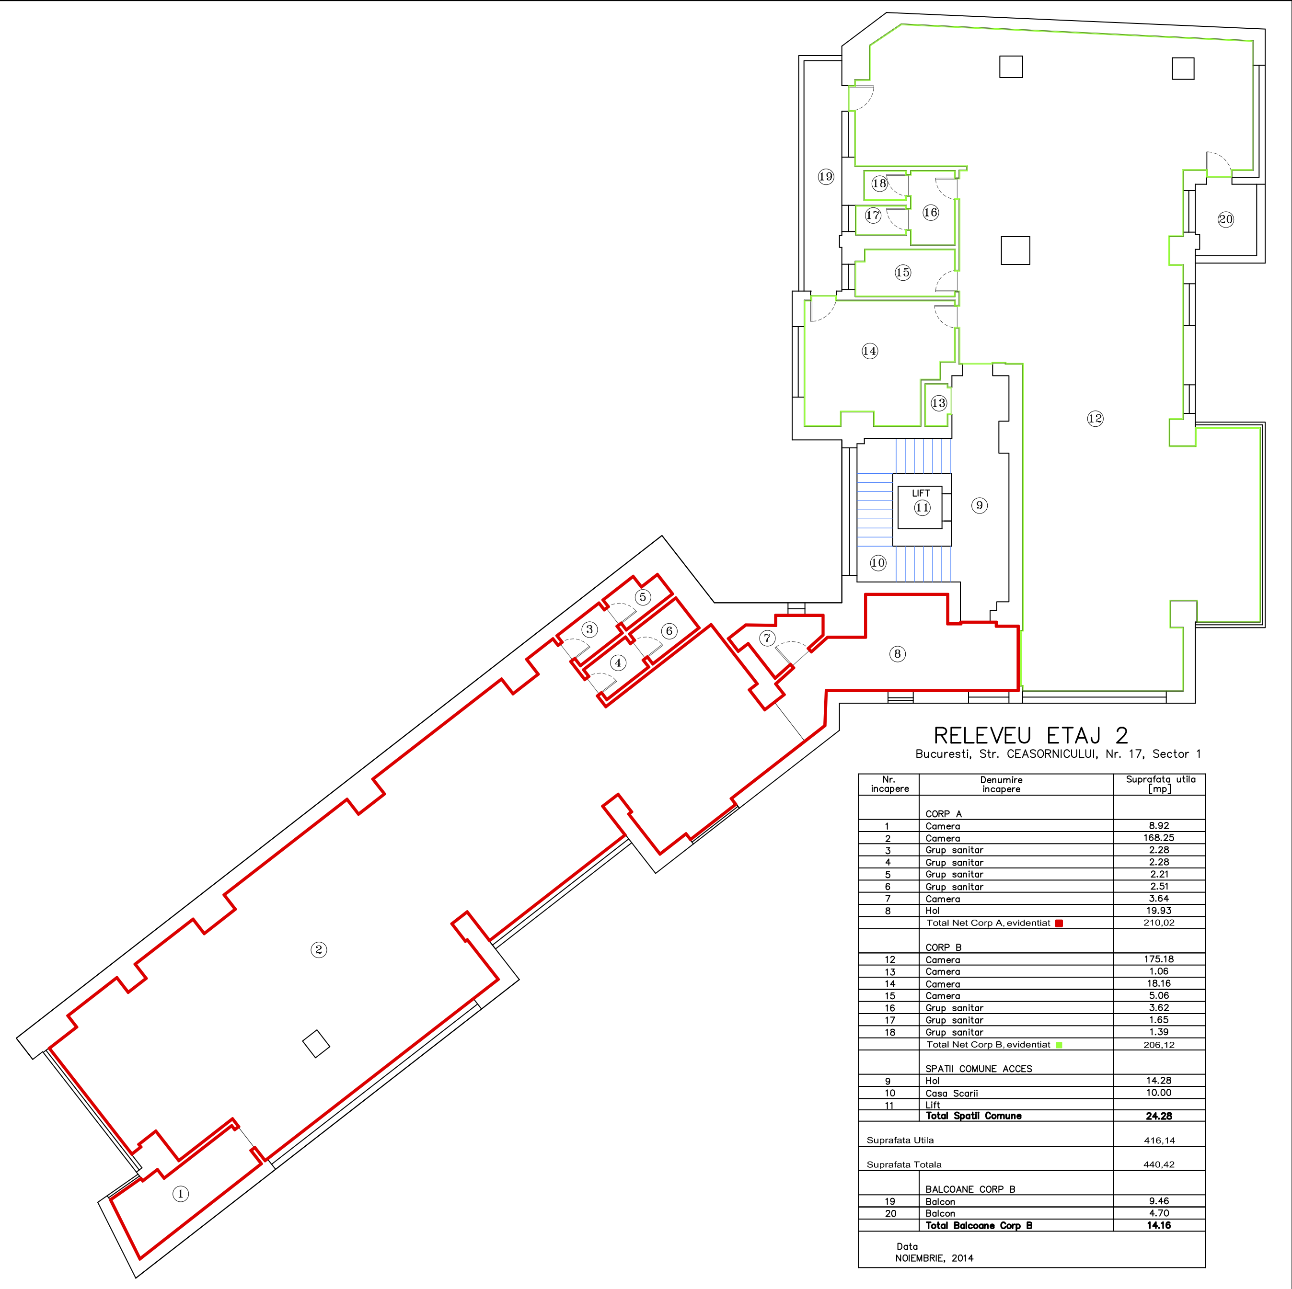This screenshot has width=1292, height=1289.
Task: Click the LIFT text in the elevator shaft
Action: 921,493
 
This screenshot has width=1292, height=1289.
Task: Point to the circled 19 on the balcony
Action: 826,176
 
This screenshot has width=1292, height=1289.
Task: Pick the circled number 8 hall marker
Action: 898,654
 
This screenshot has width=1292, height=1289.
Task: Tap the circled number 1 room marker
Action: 181,1194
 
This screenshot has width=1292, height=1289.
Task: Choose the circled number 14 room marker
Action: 869,351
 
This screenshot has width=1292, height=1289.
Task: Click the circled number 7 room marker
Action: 767,639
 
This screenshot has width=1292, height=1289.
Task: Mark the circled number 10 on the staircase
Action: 878,563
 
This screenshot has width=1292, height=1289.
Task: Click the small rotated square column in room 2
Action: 316,1044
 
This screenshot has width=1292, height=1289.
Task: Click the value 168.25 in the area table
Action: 1159,838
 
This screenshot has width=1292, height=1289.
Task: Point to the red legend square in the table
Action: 1059,924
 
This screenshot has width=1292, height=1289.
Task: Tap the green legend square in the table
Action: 1059,1045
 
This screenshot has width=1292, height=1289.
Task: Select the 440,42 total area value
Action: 1159,1164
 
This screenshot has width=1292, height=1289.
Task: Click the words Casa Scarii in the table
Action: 952,1093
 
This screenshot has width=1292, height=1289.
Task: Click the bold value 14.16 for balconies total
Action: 1159,1225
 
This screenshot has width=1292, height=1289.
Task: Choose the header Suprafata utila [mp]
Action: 1160,784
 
